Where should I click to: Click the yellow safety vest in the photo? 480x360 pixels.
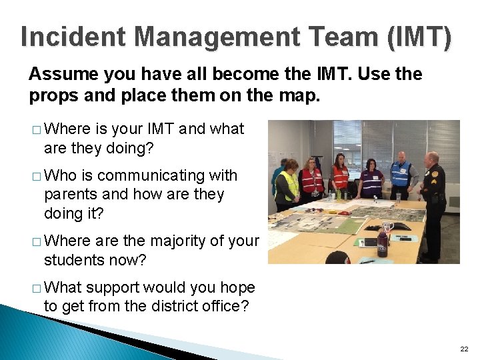tap(289, 186)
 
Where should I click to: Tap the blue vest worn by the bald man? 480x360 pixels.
tap(401, 173)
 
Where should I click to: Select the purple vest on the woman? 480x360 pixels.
tap(371, 181)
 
